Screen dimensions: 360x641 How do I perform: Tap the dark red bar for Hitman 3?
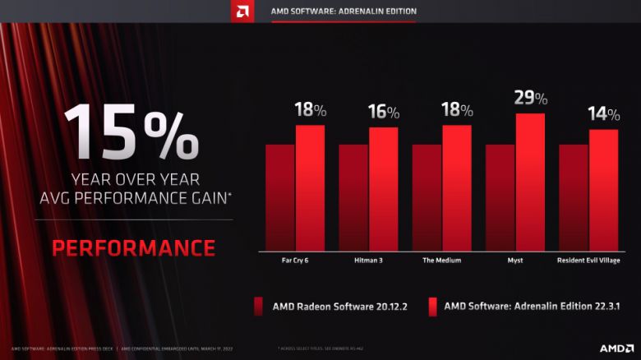(353, 197)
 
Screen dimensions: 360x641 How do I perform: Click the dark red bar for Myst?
(500, 197)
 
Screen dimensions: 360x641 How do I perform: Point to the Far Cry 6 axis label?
(295, 261)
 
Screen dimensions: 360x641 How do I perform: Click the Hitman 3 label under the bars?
(368, 261)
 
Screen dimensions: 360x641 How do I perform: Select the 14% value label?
(602, 114)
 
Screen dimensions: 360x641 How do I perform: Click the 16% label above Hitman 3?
(383, 113)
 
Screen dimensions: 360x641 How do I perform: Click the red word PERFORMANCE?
(133, 247)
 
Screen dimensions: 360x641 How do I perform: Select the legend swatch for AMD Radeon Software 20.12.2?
(259, 307)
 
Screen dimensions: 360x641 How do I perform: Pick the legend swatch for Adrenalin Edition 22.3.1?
(431, 307)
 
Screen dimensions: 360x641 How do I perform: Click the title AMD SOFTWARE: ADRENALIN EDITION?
(344, 12)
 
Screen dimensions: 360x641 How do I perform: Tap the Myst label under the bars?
(514, 261)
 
